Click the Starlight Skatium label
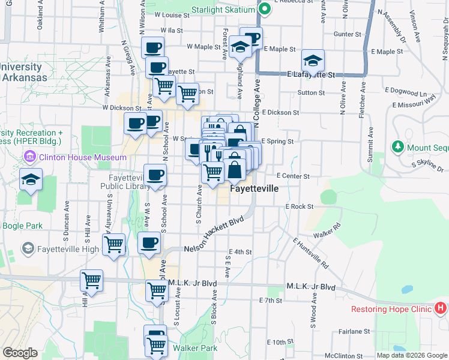coord(223,10)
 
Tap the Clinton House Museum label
coord(82,158)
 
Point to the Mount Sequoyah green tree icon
coord(397,146)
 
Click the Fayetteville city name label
coord(255,188)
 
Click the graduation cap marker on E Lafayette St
coord(313,61)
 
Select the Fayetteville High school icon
coord(28,248)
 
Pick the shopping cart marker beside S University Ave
coord(113,244)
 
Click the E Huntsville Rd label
coord(311,253)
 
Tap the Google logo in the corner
coord(20,353)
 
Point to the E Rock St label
coord(300,206)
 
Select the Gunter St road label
coord(347,35)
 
